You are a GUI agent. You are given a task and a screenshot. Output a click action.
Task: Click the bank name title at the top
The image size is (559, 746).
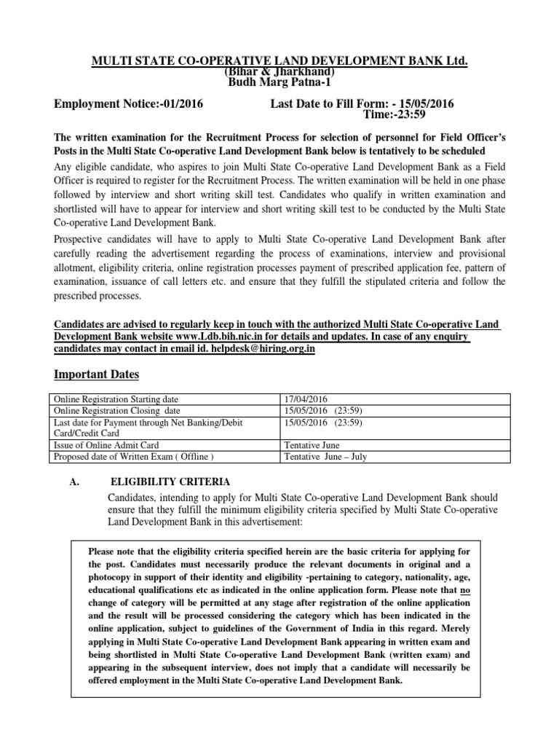pyautogui.click(x=279, y=59)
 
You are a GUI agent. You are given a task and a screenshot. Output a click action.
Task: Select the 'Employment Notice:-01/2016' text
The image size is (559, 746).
pyautogui.click(x=130, y=104)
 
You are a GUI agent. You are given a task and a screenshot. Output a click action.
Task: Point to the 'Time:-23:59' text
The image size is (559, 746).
pyautogui.click(x=394, y=115)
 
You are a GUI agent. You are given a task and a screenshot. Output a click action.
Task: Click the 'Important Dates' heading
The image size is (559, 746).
pyautogui.click(x=98, y=374)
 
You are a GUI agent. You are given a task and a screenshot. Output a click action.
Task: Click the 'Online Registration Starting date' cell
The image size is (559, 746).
pyautogui.click(x=121, y=399)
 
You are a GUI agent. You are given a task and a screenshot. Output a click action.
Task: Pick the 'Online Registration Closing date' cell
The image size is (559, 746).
pyautogui.click(x=118, y=411)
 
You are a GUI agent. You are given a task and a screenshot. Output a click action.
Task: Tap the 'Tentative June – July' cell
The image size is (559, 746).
pyautogui.click(x=325, y=456)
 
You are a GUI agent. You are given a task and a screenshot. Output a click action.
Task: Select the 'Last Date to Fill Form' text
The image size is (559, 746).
pyautogui.click(x=331, y=104)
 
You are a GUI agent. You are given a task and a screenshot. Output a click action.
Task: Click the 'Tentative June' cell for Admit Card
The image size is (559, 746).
pyautogui.click(x=312, y=445)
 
